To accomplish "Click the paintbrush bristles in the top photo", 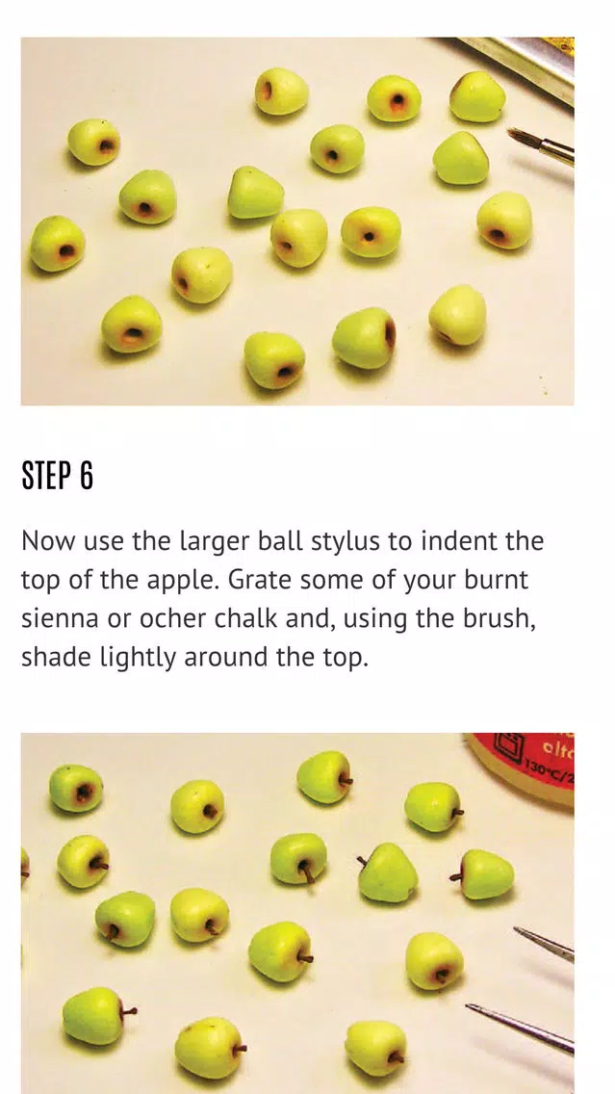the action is tap(523, 139).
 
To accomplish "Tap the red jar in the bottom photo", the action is tap(525, 764).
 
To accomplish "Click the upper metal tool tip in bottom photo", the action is tap(544, 944).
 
